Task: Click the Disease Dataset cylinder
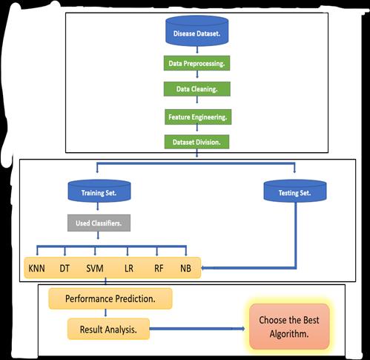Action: [x=196, y=31]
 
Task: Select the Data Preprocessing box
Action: [x=196, y=63]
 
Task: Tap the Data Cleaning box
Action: [x=197, y=89]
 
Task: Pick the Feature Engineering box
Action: [x=198, y=117]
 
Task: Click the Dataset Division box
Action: [x=196, y=142]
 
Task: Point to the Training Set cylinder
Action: [x=99, y=191]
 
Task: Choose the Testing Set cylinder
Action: [x=295, y=191]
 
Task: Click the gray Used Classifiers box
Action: [x=99, y=223]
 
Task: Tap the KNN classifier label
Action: [x=36, y=269]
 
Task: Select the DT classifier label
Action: [x=65, y=269]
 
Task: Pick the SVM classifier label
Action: [x=95, y=269]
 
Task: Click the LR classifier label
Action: [x=129, y=269]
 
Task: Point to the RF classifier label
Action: [x=159, y=269]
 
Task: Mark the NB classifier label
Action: [x=185, y=269]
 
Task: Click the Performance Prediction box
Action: [x=110, y=298]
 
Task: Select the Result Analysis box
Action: [x=108, y=329]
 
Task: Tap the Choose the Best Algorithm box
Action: [x=289, y=327]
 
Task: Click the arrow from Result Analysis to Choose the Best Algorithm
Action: [x=197, y=329]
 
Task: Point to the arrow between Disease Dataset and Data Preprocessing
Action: [x=197, y=50]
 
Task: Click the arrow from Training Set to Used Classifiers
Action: [x=98, y=206]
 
